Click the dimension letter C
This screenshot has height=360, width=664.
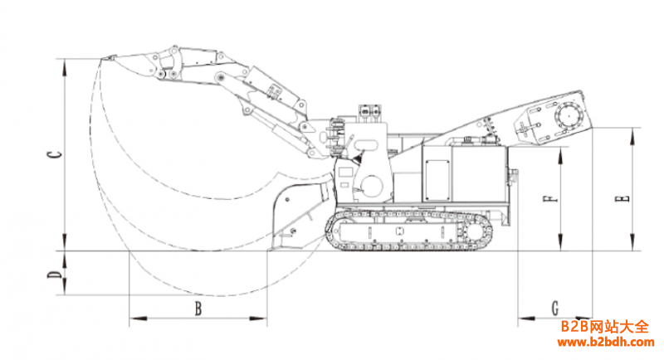tap(51, 154)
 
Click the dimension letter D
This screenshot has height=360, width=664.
tap(51, 273)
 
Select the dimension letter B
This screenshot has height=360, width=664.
tap(198, 309)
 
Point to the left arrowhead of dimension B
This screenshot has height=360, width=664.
tap(132, 319)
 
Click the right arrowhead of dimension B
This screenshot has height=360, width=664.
tap(264, 319)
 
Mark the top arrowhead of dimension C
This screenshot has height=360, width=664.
tap(63, 61)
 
